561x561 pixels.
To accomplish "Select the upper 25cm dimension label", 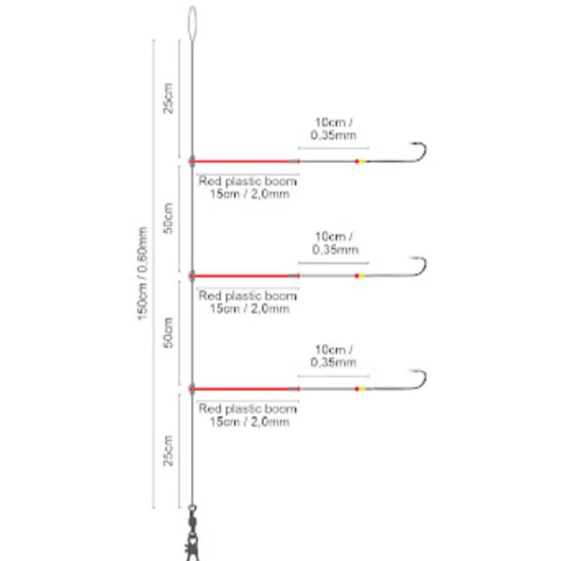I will click(x=168, y=98).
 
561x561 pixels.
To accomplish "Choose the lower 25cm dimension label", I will click(x=168, y=451).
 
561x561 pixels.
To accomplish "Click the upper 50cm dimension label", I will click(x=168, y=218).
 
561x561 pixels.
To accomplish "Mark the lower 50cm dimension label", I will click(x=168, y=331).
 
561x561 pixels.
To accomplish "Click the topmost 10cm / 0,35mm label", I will click(x=334, y=128).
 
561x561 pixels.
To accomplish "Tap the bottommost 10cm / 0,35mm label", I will click(x=334, y=356).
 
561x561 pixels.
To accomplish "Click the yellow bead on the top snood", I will click(x=358, y=160).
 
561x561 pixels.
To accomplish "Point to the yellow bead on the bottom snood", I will click(x=358, y=389).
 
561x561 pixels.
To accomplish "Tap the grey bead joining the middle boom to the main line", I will click(x=192, y=275).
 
